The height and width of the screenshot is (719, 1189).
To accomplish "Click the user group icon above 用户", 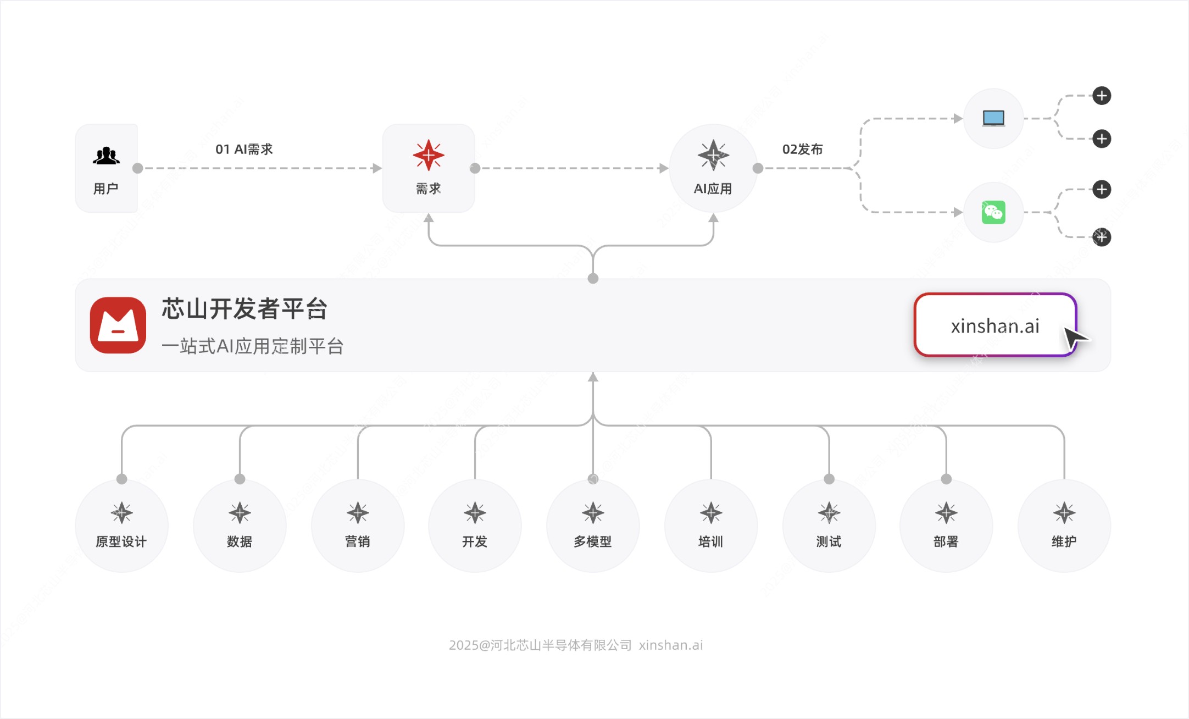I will click(x=106, y=156).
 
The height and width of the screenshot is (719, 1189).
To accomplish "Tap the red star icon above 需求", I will click(x=429, y=155).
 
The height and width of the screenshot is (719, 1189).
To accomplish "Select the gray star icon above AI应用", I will click(x=713, y=155).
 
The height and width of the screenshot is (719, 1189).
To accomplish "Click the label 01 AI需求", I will click(x=244, y=149).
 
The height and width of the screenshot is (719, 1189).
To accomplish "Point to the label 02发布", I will click(x=802, y=149).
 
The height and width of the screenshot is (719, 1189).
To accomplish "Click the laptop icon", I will click(x=993, y=118).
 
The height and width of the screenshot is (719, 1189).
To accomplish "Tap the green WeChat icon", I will click(x=993, y=212).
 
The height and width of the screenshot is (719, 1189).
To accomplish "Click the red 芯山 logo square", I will click(x=118, y=325).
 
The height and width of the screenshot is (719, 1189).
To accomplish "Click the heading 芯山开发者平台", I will click(x=245, y=308).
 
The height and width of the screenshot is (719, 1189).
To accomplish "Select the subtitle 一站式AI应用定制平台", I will click(x=253, y=346).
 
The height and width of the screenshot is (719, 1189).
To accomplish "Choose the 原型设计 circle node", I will click(x=121, y=526).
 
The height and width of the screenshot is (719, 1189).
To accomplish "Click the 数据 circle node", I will click(x=240, y=526).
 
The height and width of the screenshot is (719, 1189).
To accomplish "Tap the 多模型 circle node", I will click(x=593, y=526).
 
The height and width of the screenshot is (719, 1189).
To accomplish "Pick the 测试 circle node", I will click(x=829, y=526).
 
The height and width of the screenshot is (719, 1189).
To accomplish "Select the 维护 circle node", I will click(x=1064, y=526).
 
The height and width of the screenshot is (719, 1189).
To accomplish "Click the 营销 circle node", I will click(x=358, y=526).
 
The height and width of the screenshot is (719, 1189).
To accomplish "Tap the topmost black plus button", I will click(x=1101, y=96).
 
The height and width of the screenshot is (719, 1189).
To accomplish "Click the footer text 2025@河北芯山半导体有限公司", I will click(x=540, y=645).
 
